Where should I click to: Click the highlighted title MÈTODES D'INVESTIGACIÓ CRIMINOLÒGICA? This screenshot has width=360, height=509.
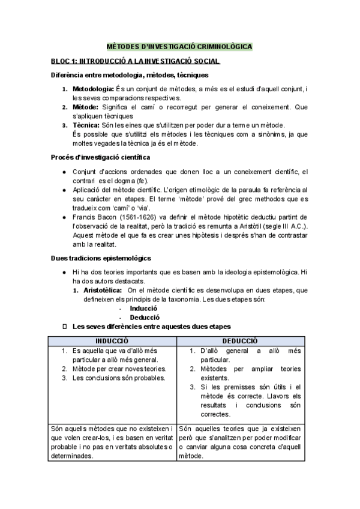click(179, 46)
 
